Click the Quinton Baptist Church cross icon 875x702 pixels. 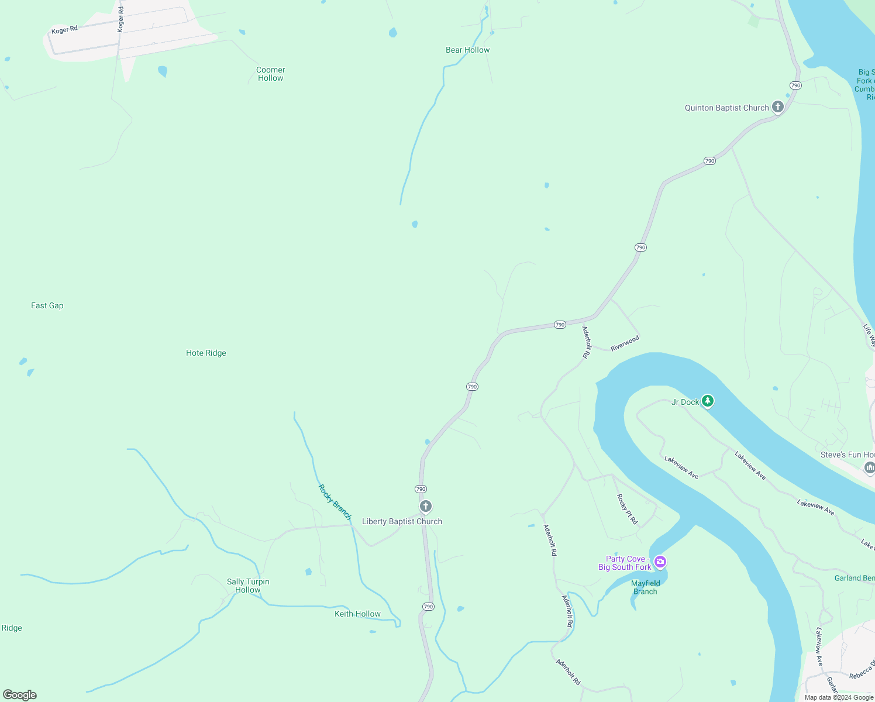[x=777, y=106]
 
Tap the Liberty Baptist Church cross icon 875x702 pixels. [x=426, y=506]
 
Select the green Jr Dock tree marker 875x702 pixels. [x=708, y=401]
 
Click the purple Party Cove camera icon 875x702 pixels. [x=660, y=562]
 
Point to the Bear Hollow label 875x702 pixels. [x=467, y=50]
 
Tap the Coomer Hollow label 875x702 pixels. [x=270, y=74]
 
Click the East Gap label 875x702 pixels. [x=47, y=305]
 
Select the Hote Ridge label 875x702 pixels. [x=206, y=353]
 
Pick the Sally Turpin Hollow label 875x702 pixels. [x=248, y=586]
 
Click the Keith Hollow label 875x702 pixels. [x=357, y=614]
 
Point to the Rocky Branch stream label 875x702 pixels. [x=335, y=502]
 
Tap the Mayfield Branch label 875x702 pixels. [x=645, y=587]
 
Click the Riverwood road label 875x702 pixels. [x=625, y=343]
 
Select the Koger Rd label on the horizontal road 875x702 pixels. [x=64, y=30]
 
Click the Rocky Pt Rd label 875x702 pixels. [x=627, y=509]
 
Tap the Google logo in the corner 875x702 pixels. [x=20, y=694]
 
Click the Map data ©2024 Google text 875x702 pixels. [x=838, y=697]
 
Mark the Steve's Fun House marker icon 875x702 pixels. [x=869, y=467]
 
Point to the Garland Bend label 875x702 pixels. [x=855, y=578]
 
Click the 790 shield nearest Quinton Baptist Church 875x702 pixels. [x=795, y=85]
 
